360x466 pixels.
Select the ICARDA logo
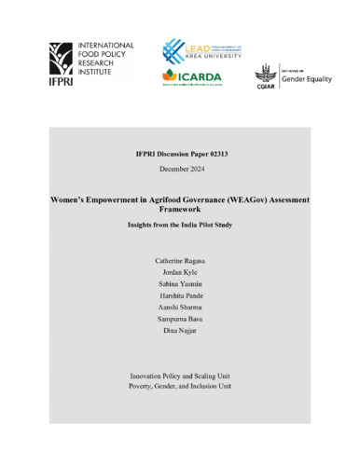pyautogui.click(x=193, y=77)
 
